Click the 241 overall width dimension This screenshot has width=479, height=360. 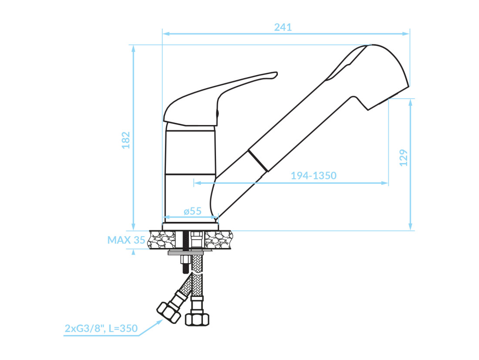[283, 27]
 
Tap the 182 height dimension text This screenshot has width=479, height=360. [126, 140]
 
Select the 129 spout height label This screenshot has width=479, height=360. [404, 158]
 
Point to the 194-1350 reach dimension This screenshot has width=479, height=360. [314, 176]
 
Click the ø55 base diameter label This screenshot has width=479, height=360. [192, 211]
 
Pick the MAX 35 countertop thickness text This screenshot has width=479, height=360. [126, 240]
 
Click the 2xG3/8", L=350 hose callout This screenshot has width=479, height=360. [101, 328]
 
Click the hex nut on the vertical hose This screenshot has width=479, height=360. [197, 319]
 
